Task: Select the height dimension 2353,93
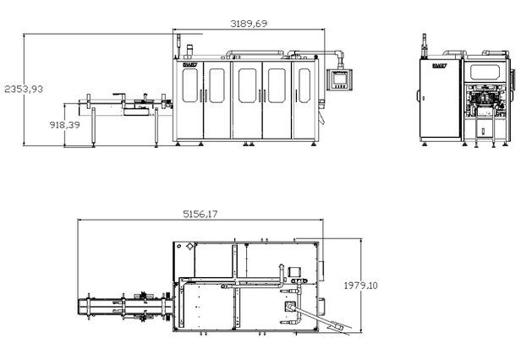(x=22, y=88)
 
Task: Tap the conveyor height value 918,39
(x=40, y=124)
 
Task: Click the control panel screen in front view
(x=341, y=80)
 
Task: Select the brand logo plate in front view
(x=189, y=61)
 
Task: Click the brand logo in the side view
(x=438, y=62)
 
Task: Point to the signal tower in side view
(x=425, y=45)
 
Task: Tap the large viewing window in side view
(x=488, y=76)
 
